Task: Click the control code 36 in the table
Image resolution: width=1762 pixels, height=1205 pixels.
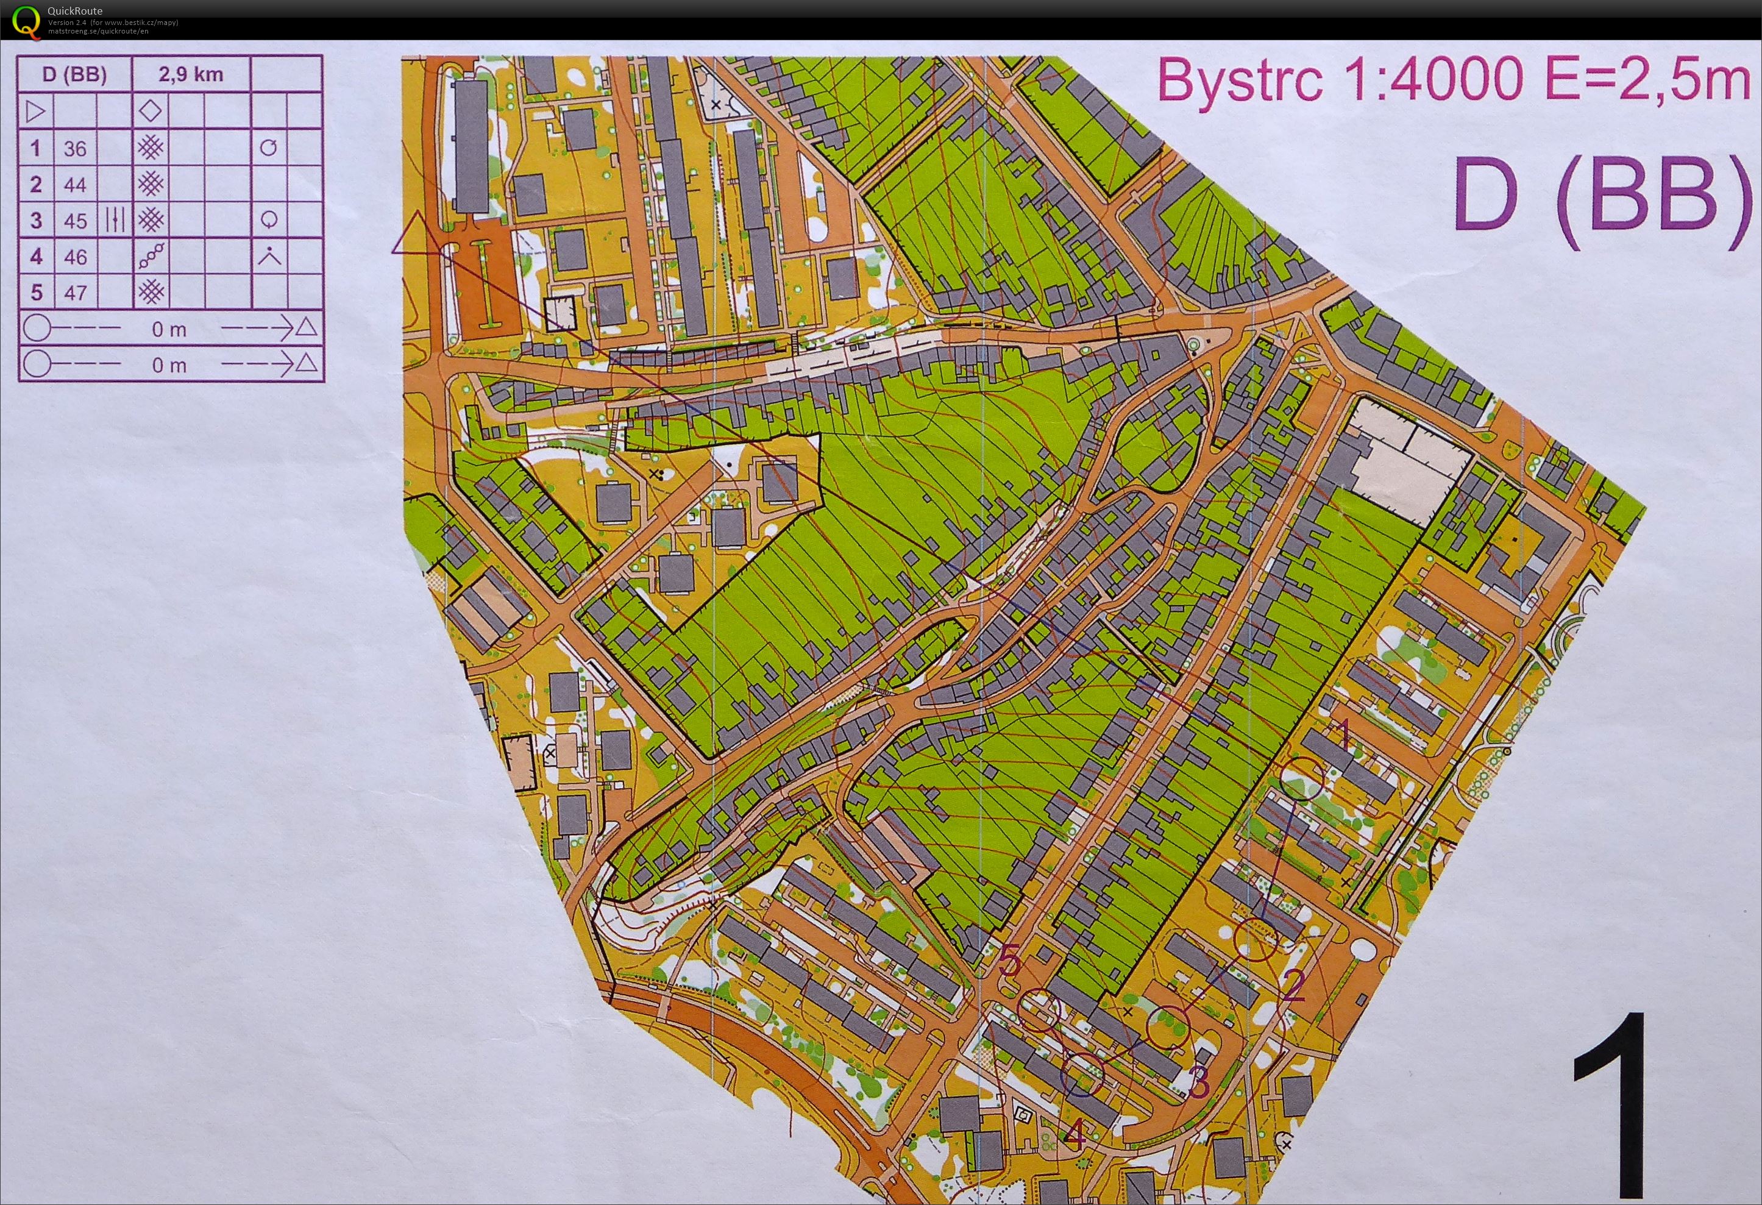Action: click(x=75, y=148)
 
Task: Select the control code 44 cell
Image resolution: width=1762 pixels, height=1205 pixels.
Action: click(x=75, y=184)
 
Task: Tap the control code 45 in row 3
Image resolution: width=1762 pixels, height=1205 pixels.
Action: click(x=75, y=221)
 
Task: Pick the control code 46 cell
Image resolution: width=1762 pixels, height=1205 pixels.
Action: click(x=75, y=257)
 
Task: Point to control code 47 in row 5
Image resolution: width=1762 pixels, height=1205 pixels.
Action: click(x=75, y=293)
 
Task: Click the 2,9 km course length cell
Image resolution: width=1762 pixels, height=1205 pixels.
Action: click(x=191, y=74)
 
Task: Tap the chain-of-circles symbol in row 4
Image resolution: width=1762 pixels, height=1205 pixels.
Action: click(x=151, y=257)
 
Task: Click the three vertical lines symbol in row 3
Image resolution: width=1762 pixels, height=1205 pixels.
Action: click(x=115, y=220)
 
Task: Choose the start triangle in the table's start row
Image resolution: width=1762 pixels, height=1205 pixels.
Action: click(x=35, y=112)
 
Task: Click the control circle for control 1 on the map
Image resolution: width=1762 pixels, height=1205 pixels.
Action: click(x=1302, y=779)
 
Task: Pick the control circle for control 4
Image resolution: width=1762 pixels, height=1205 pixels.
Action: click(x=1082, y=1075)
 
